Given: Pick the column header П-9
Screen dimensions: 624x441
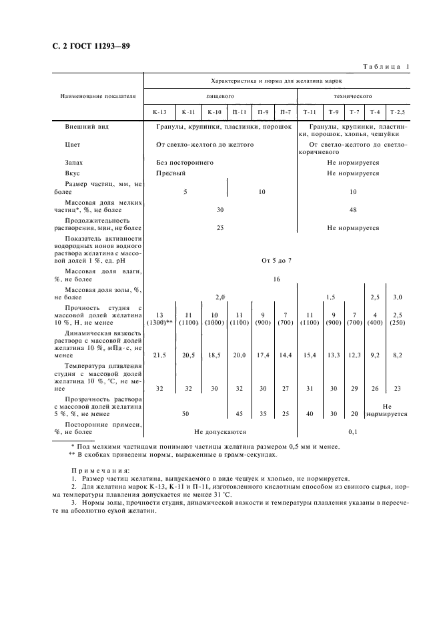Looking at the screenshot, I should coord(264,111).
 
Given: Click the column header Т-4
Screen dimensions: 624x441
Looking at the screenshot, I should coord(375,111).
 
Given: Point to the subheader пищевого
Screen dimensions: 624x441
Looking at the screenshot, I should coord(220,96).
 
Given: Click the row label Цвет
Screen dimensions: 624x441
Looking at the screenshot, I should coord(73,144).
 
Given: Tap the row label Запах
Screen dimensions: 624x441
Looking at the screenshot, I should coord(74,162).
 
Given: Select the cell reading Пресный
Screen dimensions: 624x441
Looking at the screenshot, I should coord(171,173).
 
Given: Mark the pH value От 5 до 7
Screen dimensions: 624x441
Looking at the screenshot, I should coord(276,260).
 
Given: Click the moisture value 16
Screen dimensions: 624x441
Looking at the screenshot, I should coord(276,279).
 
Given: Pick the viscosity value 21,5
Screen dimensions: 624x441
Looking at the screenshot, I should coord(160,356).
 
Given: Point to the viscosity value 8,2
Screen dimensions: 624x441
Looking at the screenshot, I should coord(398,356).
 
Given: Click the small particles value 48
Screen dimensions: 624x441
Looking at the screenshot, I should coord(353,209).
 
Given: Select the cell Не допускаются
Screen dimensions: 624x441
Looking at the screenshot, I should coord(220,432).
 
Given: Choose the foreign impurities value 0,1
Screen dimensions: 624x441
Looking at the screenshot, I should coord(353,432).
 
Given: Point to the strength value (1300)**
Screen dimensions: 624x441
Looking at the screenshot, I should coord(161,322).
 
